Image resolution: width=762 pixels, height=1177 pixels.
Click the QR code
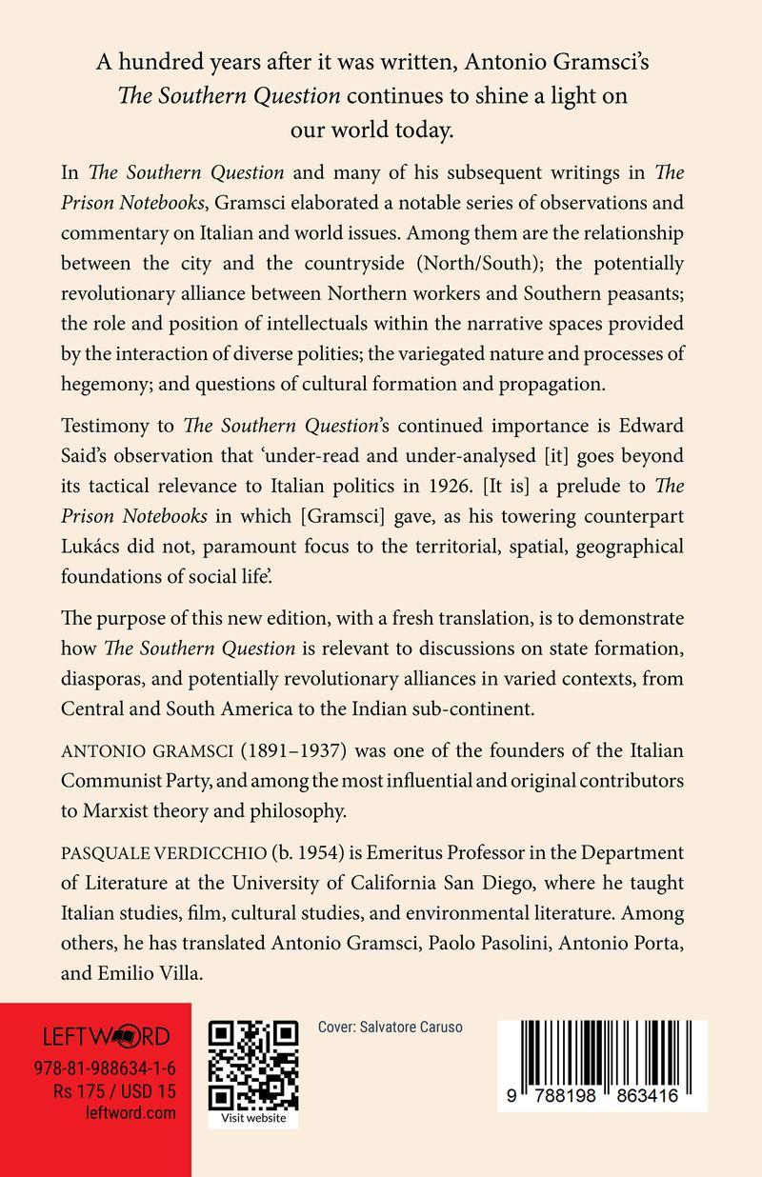[253, 1063]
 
